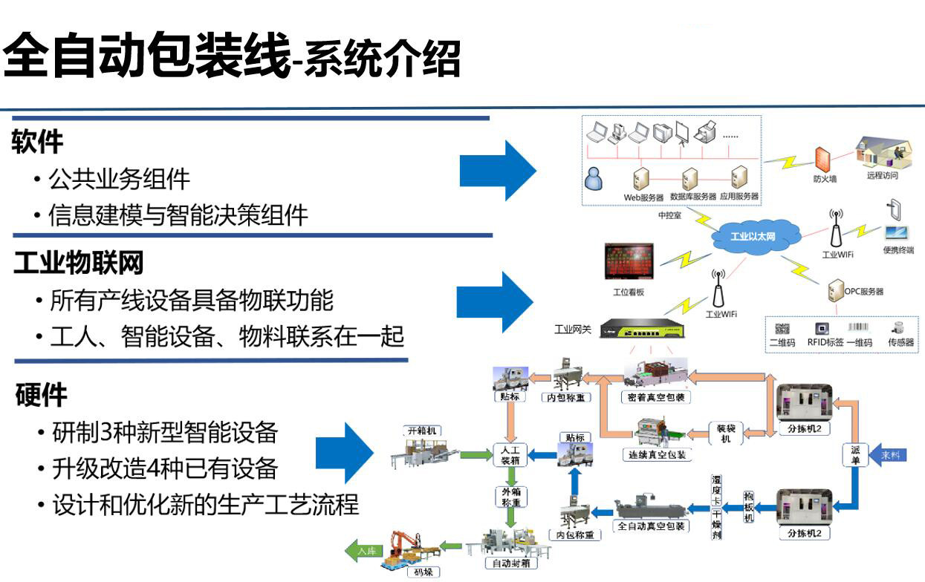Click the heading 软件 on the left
pos(38,141)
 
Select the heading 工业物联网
pos(78,262)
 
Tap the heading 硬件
pos(41,395)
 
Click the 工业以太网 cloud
pos(753,237)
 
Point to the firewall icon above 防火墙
pos(822,160)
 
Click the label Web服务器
pos(643,197)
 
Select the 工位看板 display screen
pos(628,263)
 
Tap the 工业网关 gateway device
pos(641,327)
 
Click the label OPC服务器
pos(863,292)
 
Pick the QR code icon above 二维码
pos(782,328)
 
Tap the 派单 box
pos(855,454)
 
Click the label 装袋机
pos(725,433)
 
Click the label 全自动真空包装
pos(652,526)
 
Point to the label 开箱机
pos(422,431)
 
